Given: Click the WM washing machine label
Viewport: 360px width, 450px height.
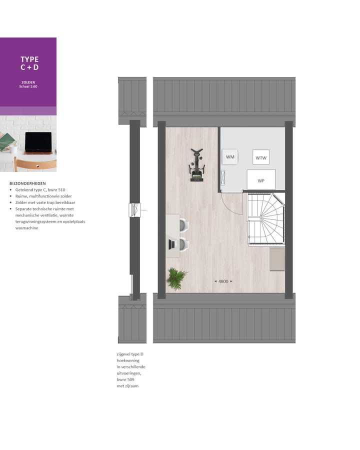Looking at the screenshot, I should (x=230, y=157).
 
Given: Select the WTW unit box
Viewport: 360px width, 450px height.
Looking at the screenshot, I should (x=260, y=157).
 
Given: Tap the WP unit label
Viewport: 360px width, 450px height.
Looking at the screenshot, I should (x=260, y=180).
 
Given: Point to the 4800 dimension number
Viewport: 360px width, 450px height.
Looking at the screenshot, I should (x=223, y=281).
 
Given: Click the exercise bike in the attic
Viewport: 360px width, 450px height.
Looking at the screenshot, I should (x=196, y=163).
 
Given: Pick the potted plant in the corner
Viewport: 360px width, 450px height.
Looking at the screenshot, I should (x=176, y=278).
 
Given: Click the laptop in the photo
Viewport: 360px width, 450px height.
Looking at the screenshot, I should (x=38, y=143).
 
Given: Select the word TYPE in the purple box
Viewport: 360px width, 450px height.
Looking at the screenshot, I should (x=29, y=59).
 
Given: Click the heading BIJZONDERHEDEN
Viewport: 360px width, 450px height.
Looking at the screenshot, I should (x=27, y=183).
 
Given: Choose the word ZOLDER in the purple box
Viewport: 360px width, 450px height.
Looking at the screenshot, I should (x=28, y=82).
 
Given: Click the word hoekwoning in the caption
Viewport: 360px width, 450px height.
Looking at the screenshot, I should (x=128, y=360).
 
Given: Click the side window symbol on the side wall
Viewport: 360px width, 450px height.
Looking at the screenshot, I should (x=135, y=210).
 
